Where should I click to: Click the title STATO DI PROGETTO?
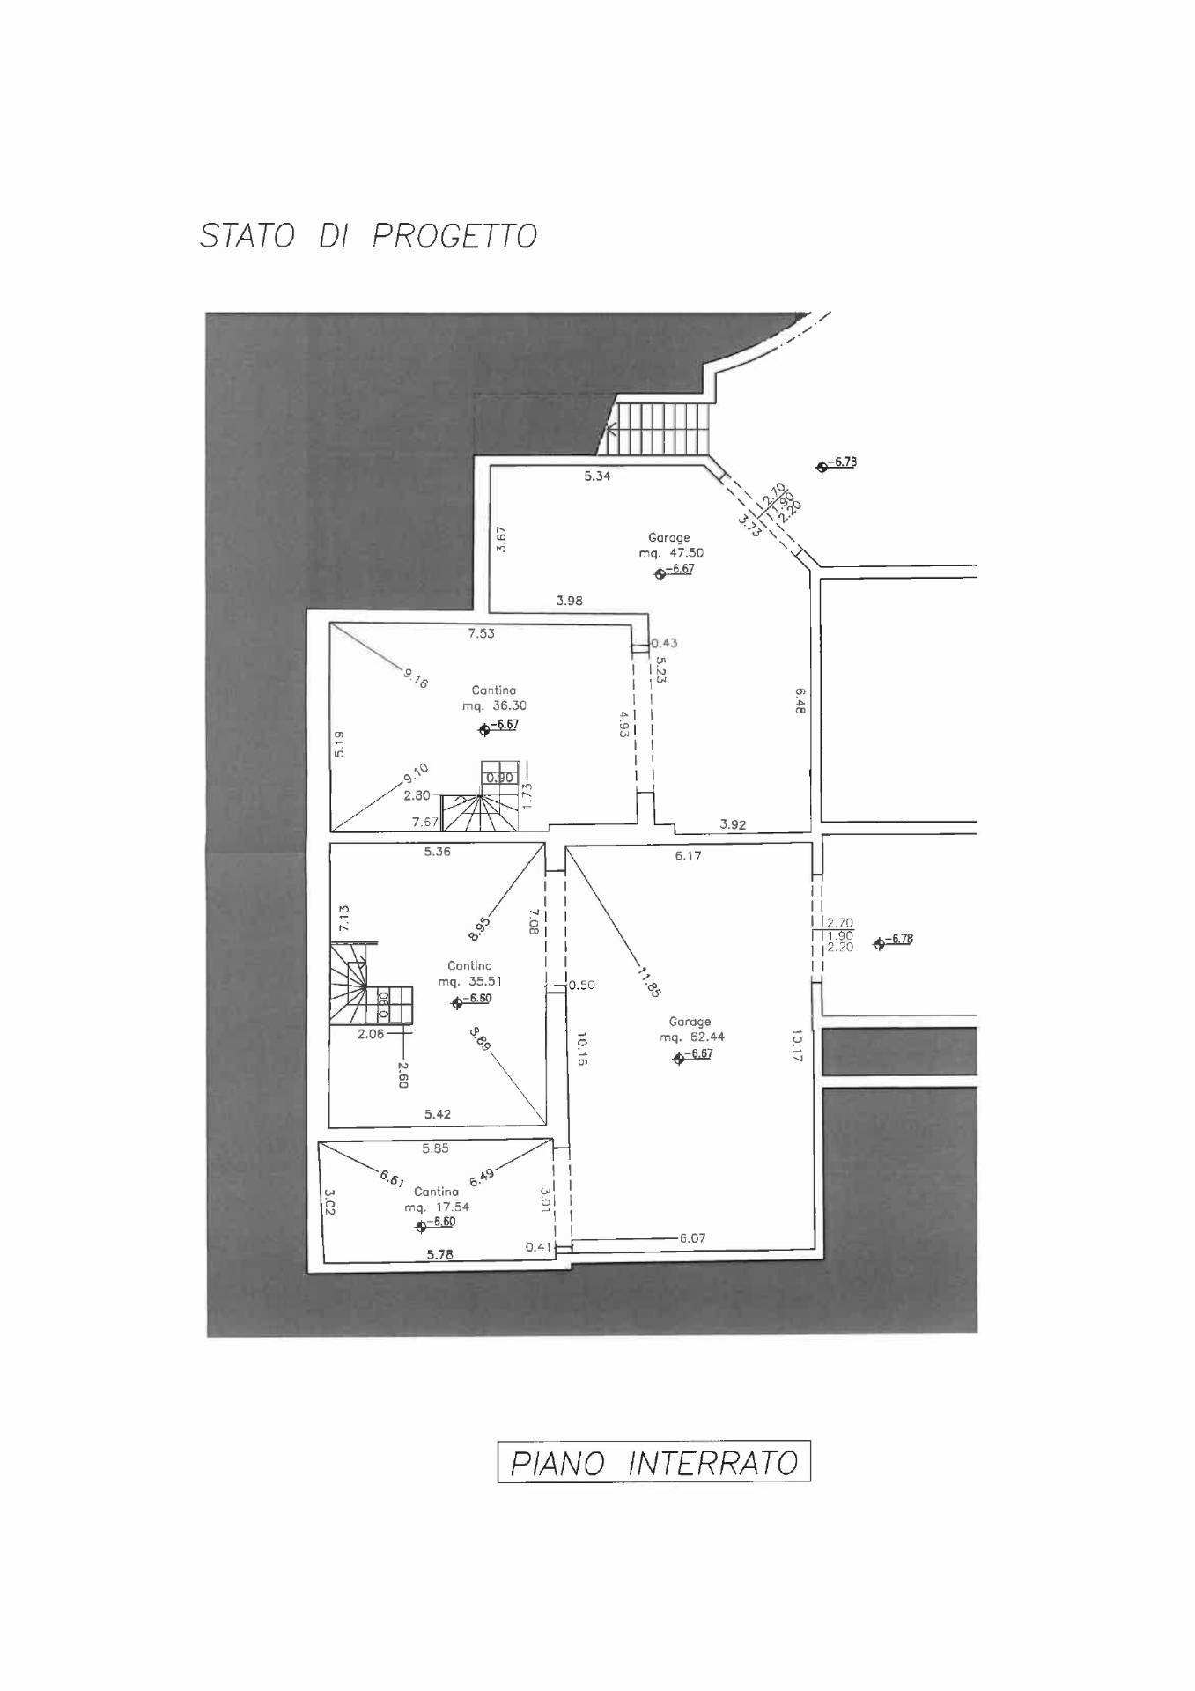tap(368, 236)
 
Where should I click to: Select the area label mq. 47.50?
tap(671, 553)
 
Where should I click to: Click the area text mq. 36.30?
tap(494, 705)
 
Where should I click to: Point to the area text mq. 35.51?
tap(469, 981)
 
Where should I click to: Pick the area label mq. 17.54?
tap(437, 1207)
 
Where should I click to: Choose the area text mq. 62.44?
tap(692, 1037)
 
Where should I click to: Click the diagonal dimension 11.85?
tap(649, 981)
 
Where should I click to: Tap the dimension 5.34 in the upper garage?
tap(597, 476)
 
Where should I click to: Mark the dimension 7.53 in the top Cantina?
tap(481, 633)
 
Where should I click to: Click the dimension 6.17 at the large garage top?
tap(688, 855)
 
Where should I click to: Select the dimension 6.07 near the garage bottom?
tap(692, 1237)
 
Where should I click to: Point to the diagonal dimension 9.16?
tap(416, 678)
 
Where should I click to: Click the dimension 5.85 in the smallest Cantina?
tap(435, 1148)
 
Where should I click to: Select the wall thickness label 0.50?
tap(582, 985)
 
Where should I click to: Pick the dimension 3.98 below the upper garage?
tap(569, 601)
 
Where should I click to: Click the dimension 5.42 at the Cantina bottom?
tap(437, 1114)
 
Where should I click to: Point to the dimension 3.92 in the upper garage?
tap(733, 825)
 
